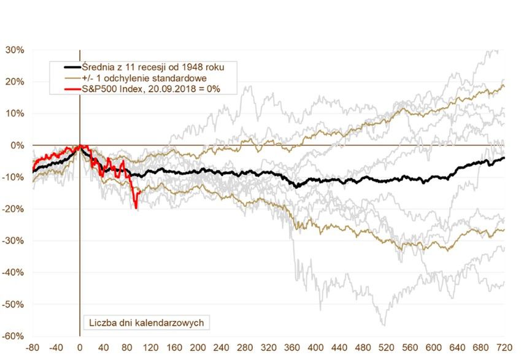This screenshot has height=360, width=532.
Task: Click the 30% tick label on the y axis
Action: (15, 50)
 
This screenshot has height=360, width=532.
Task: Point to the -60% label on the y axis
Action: (13, 336)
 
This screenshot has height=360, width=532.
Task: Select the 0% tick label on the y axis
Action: (17, 145)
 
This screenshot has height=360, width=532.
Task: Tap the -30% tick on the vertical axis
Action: (13, 240)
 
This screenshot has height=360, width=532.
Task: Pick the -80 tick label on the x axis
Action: (33, 347)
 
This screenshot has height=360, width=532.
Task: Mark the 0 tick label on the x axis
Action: (80, 347)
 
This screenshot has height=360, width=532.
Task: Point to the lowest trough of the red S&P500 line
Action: (136, 209)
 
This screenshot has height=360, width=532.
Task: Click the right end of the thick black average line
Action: (504, 158)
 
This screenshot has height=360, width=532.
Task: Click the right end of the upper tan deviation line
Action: (504, 85)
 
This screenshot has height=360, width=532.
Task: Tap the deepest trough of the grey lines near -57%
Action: (384, 325)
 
